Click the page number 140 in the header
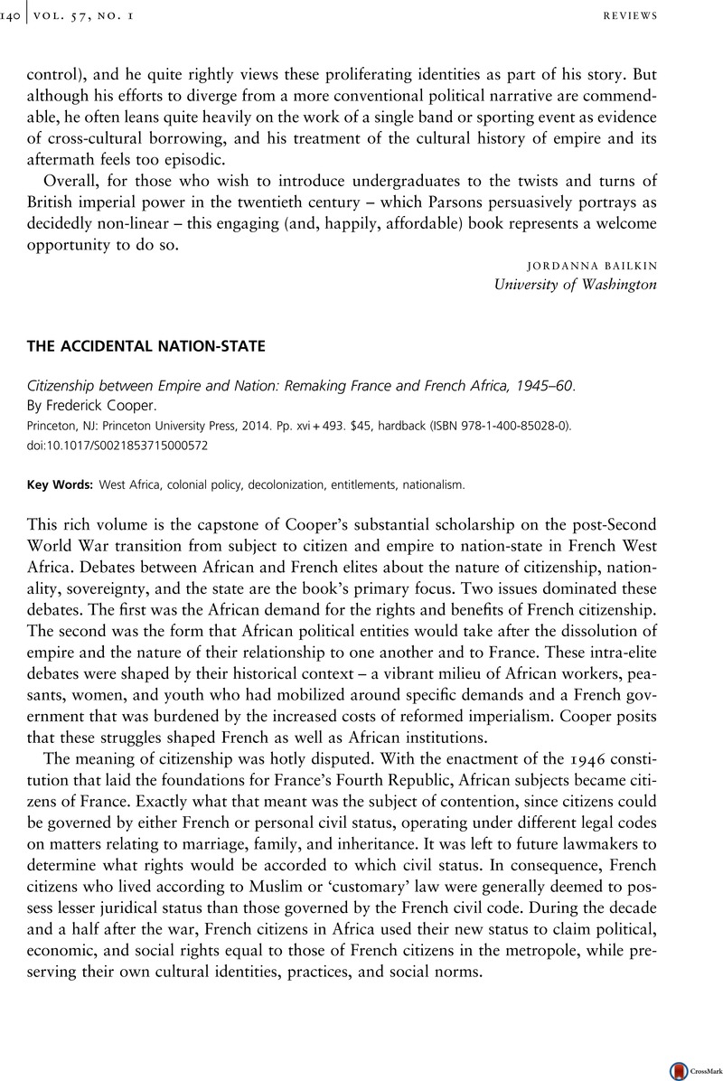(14, 16)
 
